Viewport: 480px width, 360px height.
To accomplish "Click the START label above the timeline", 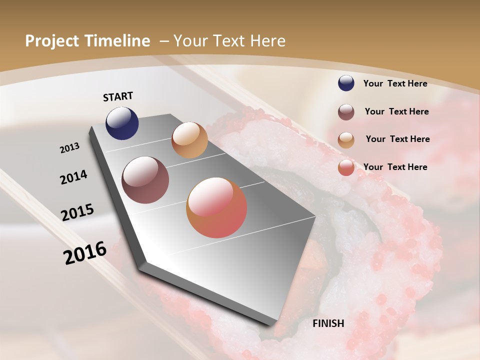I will (118, 96).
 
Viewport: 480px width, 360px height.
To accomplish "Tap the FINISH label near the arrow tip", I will (328, 323).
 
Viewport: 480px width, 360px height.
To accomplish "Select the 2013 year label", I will (70, 148).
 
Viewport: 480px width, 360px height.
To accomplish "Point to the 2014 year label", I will (73, 177).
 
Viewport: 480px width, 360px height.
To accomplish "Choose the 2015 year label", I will (77, 212).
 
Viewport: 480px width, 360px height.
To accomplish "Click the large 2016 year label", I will (85, 252).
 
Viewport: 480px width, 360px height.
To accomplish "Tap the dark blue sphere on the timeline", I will (122, 123).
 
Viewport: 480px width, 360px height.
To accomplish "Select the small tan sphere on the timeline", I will (189, 140).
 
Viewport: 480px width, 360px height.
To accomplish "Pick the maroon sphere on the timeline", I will (145, 180).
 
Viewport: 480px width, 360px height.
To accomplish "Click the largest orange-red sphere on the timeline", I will (216, 207).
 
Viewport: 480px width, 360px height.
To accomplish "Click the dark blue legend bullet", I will (346, 83).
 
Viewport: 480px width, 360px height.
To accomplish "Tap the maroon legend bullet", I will (346, 112).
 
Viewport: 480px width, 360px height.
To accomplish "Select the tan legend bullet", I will (346, 140).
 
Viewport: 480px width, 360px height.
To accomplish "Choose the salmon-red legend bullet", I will (346, 167).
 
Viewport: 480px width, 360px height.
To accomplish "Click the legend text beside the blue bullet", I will (395, 83).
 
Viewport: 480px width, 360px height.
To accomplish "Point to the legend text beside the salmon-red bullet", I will (395, 167).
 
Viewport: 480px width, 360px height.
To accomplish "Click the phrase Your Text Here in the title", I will (229, 41).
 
